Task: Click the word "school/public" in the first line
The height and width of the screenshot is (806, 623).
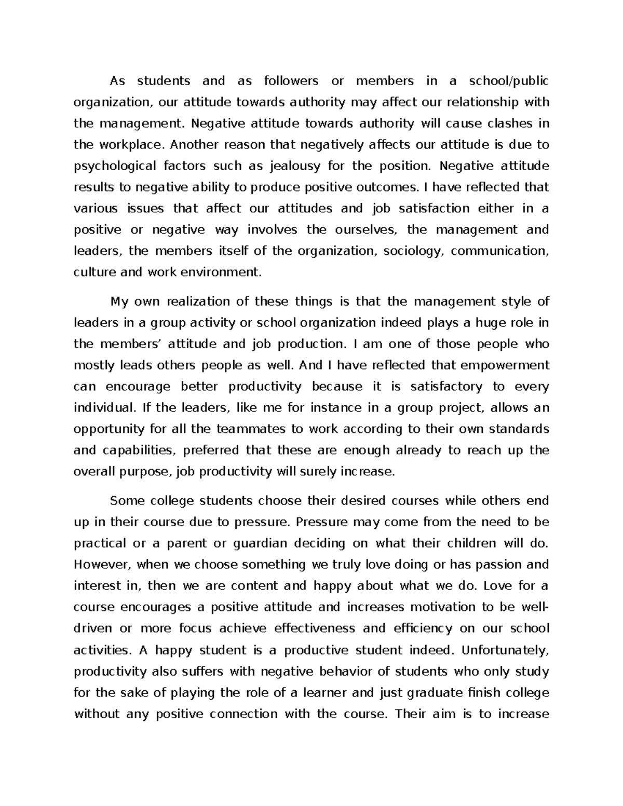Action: coord(508,81)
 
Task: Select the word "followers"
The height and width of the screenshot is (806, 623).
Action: coord(291,81)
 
